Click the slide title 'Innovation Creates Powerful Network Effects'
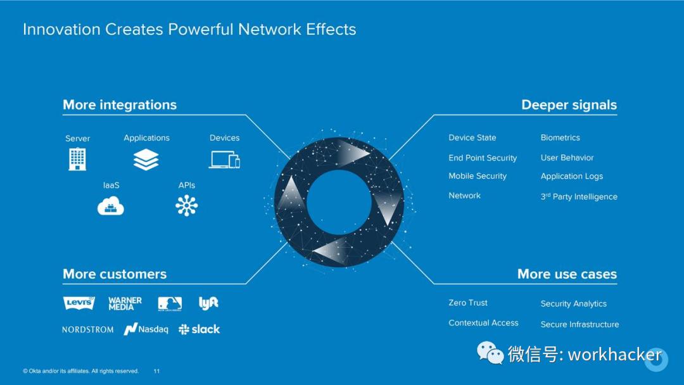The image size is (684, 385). tap(189, 29)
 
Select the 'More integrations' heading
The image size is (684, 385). tap(120, 105)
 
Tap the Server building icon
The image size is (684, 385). tap(77, 159)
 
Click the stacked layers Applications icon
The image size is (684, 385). tap(146, 160)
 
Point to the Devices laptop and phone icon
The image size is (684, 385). tap(225, 160)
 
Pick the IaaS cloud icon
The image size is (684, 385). tap(111, 206)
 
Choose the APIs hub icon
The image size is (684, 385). tap(187, 206)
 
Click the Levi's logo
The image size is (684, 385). tap(79, 303)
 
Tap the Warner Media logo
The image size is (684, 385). tap(125, 303)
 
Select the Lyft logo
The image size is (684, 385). tap(208, 303)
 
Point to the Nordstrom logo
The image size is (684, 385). tap(88, 330)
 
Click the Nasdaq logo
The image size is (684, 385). tap(146, 329)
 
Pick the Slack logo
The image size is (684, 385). tap(199, 329)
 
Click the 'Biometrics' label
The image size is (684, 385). tap(560, 137)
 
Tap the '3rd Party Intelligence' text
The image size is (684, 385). tap(579, 196)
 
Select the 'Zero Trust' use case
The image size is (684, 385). tap(468, 303)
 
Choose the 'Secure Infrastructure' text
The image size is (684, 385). tap(579, 324)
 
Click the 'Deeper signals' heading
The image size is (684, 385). tap(569, 105)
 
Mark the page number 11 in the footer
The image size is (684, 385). tap(156, 371)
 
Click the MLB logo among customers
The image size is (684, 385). tap(170, 303)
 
